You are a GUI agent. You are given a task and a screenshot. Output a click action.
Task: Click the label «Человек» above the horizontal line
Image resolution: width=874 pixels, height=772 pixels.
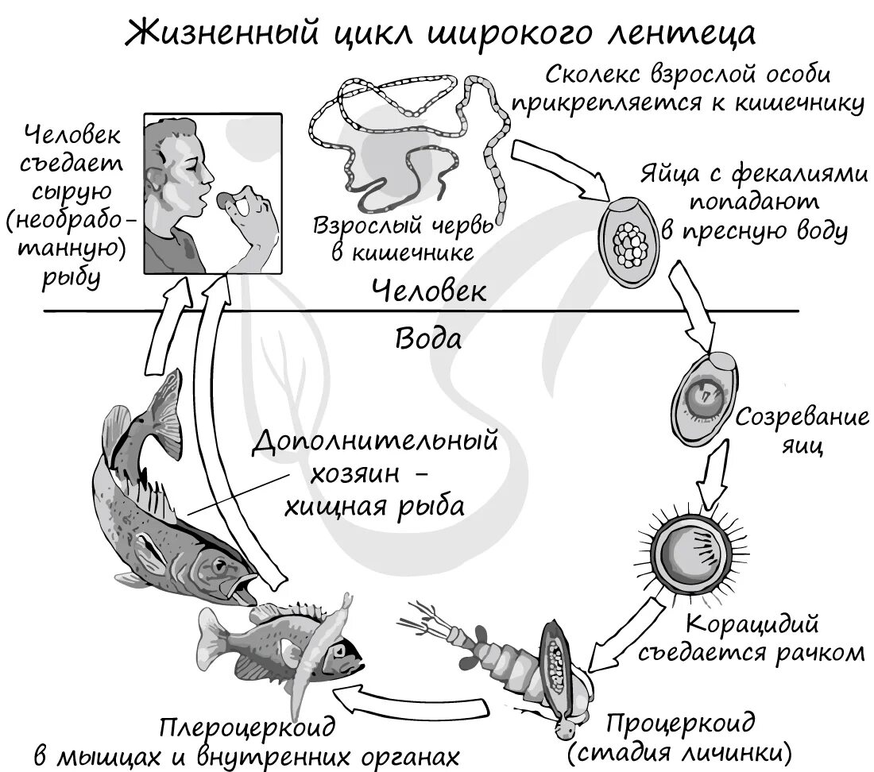pos(428,291)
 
